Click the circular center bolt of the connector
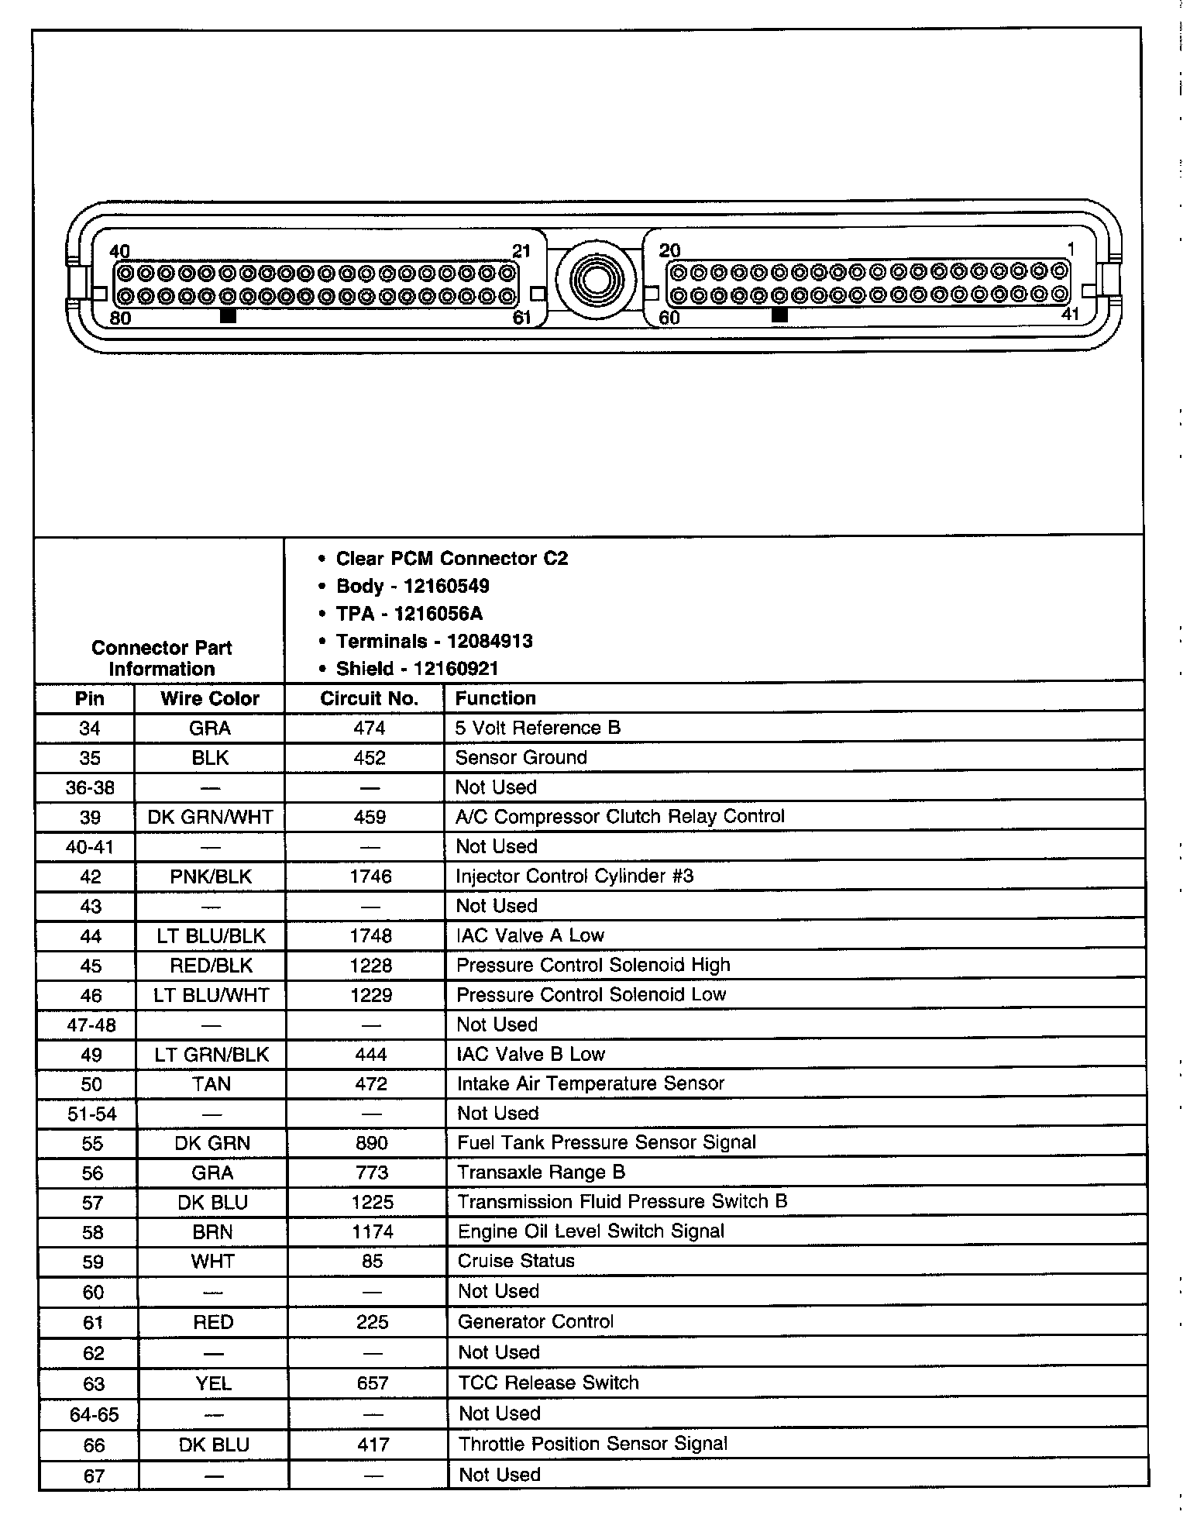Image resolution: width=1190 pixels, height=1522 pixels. click(x=596, y=280)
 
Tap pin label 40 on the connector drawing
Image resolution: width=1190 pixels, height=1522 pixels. click(x=120, y=251)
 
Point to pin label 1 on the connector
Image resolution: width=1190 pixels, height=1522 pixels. click(x=1071, y=249)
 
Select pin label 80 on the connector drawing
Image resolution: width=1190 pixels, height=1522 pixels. click(x=120, y=318)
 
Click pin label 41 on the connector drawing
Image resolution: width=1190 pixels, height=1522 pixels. click(x=1070, y=315)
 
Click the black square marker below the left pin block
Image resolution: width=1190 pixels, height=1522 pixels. click(x=229, y=315)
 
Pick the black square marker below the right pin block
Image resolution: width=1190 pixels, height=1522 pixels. click(x=780, y=315)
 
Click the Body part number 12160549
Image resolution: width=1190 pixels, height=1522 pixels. click(x=446, y=586)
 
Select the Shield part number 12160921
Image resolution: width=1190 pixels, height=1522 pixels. click(x=456, y=669)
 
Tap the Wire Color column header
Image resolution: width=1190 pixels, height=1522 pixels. click(x=210, y=698)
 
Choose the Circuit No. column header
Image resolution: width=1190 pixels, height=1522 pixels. click(x=369, y=698)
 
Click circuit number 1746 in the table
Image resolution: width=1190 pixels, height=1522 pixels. click(x=371, y=876)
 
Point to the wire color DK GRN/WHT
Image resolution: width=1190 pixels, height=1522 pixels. click(x=210, y=817)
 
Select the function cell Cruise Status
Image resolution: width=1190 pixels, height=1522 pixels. click(x=516, y=1261)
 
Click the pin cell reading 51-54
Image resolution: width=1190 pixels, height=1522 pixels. click(x=91, y=1114)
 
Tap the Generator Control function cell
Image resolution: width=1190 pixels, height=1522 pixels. click(x=535, y=1321)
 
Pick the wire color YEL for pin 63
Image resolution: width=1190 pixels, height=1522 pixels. click(x=213, y=1383)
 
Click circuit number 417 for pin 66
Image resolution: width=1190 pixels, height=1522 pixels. click(x=373, y=1445)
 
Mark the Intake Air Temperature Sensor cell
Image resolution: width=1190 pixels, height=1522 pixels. click(x=590, y=1083)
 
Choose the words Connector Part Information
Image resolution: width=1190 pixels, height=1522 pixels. click(x=161, y=658)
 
